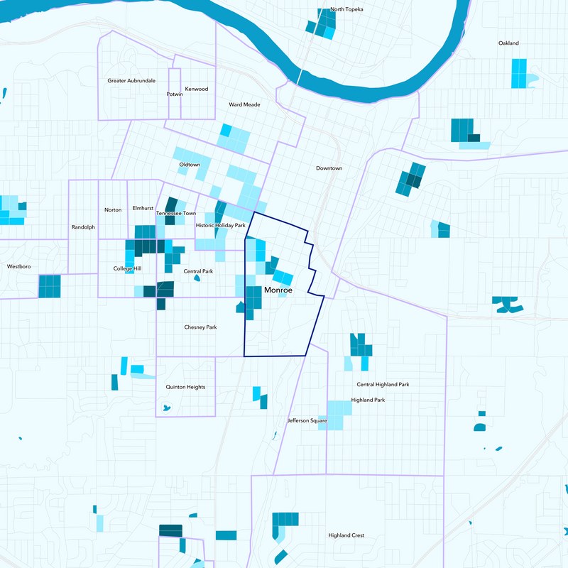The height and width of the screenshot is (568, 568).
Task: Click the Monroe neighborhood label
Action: pyautogui.click(x=278, y=290)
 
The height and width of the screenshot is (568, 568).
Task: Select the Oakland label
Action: pyautogui.click(x=508, y=43)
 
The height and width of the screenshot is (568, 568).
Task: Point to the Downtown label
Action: pyautogui.click(x=329, y=168)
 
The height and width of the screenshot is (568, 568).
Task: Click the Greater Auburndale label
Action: pyautogui.click(x=131, y=81)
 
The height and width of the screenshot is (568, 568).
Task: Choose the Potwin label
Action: pyautogui.click(x=175, y=94)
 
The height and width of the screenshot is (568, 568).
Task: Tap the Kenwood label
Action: pyautogui.click(x=197, y=89)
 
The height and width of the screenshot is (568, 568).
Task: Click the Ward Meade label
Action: pyautogui.click(x=244, y=104)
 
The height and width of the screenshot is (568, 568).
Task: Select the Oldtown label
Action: pyautogui.click(x=190, y=165)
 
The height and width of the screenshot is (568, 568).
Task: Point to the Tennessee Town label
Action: pyautogui.click(x=176, y=213)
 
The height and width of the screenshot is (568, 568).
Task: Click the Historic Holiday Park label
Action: pyautogui.click(x=220, y=225)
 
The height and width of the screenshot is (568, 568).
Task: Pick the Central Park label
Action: pyautogui.click(x=198, y=271)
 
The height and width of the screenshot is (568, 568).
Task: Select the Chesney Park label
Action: pyautogui.click(x=200, y=327)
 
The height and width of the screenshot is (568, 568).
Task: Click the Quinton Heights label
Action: pyautogui.click(x=185, y=387)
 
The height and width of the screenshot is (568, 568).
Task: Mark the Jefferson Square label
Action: pyautogui.click(x=307, y=421)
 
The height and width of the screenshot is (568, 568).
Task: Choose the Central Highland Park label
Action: pyautogui.click(x=383, y=385)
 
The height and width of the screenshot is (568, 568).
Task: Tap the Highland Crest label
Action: pyautogui.click(x=346, y=535)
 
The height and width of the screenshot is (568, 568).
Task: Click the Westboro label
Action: pyautogui.click(x=19, y=266)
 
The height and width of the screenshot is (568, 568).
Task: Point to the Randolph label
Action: pyautogui.click(x=83, y=227)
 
